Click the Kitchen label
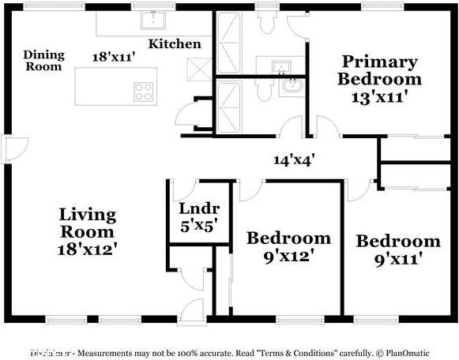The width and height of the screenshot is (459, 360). click(175, 43)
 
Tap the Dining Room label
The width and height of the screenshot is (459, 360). click(43, 61)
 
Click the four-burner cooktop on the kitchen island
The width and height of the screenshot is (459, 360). click(143, 91)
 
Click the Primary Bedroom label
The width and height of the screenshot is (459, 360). click(378, 70)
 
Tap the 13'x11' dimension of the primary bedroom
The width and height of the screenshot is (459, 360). click(378, 98)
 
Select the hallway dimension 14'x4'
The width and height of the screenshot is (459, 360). click(295, 159)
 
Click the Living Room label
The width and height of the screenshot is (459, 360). click(88, 223)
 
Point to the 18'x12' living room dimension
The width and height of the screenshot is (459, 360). click(88, 249)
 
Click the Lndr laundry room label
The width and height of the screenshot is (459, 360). click(198, 209)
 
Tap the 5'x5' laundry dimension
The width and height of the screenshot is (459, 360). click(198, 226)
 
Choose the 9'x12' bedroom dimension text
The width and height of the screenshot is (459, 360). click(288, 256)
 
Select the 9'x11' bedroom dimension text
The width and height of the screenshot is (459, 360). click(397, 258)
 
